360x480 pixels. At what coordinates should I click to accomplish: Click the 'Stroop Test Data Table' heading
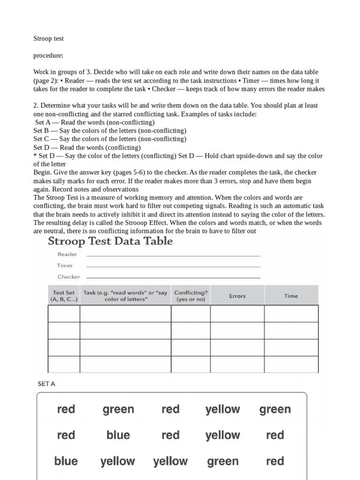(x=110, y=241)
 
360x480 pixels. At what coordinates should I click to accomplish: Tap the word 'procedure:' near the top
(x=48, y=55)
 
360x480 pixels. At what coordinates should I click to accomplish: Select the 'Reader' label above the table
(x=67, y=254)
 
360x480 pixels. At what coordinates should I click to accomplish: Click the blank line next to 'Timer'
(x=173, y=266)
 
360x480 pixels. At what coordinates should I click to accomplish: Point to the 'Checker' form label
(x=68, y=277)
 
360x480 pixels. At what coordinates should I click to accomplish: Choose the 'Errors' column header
(x=237, y=296)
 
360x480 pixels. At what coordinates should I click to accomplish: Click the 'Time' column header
(x=291, y=296)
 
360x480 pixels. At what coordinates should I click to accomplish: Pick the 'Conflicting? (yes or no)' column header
(x=190, y=296)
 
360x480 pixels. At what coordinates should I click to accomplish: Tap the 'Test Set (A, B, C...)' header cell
(x=64, y=296)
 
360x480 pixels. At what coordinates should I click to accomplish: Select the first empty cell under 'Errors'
(x=237, y=314)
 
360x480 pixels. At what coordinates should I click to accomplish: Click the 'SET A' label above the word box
(x=46, y=383)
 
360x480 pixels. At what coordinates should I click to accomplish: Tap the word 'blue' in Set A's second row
(x=118, y=435)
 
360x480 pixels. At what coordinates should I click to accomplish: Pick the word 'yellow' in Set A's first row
(x=223, y=409)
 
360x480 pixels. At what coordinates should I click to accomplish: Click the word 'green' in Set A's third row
(x=223, y=461)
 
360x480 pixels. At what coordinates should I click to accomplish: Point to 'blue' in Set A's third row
(x=66, y=461)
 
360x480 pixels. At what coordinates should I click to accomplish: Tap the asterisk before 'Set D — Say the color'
(x=35, y=156)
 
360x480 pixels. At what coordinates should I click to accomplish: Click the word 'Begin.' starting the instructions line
(x=43, y=172)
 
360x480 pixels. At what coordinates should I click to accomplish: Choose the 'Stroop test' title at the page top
(x=48, y=38)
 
